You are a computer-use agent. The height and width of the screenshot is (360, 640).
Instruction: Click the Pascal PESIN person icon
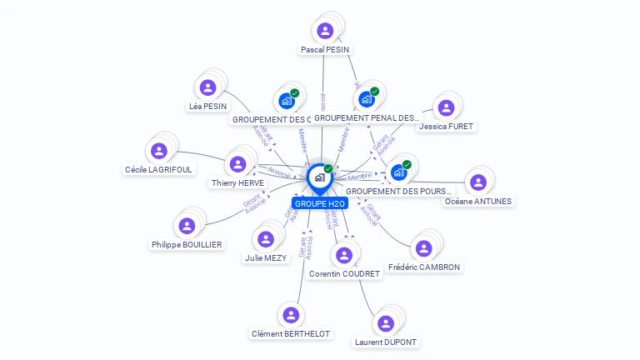click(325, 31)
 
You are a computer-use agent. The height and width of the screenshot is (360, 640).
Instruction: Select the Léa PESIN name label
click(207, 107)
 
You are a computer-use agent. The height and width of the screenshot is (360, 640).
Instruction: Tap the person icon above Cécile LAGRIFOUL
click(159, 151)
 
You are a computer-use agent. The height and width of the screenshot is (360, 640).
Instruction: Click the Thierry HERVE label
click(237, 182)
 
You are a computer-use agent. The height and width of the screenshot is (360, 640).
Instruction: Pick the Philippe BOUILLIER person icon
click(187, 225)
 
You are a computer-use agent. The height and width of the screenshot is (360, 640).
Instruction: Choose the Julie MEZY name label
click(266, 258)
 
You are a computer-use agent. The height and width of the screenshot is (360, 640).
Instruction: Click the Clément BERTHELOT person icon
click(291, 315)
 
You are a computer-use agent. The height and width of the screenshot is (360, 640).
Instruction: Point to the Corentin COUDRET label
click(344, 274)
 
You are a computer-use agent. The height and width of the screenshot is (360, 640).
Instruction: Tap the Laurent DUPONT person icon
click(385, 323)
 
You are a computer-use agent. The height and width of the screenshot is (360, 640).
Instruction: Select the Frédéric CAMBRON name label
click(424, 267)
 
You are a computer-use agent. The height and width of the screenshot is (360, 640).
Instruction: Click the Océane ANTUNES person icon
click(477, 182)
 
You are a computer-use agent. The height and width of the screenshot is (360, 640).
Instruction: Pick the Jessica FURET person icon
click(446, 107)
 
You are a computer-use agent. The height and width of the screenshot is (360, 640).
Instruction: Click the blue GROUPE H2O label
click(319, 203)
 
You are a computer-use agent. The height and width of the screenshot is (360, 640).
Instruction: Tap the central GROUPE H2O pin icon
click(319, 177)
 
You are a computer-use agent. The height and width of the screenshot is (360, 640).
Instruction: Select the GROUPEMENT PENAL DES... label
click(366, 118)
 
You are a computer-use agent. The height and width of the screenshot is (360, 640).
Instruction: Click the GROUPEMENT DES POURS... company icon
click(398, 172)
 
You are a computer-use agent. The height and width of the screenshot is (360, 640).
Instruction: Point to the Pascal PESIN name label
click(325, 50)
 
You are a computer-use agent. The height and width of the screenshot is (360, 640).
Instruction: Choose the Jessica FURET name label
click(447, 127)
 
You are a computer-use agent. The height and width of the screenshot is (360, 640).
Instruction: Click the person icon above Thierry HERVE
click(238, 163)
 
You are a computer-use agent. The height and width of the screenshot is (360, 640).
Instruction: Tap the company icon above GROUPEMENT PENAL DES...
click(366, 99)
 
